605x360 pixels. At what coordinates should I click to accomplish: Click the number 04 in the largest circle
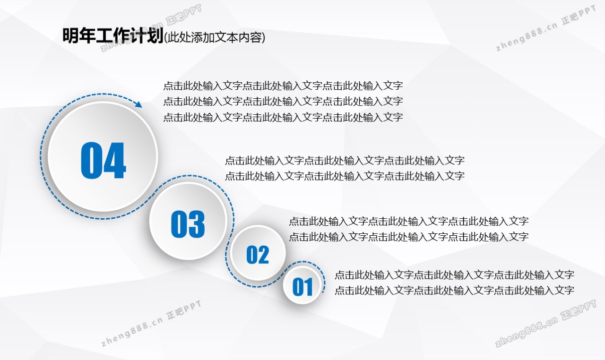104,160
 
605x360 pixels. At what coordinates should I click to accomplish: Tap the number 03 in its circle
188,224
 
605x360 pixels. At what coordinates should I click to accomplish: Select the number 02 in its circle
258,255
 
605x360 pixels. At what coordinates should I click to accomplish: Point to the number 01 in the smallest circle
302,287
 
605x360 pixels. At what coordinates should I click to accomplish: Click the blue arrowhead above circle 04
139,104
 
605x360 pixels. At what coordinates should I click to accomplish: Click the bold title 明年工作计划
113,35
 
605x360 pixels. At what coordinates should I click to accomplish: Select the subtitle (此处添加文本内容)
215,37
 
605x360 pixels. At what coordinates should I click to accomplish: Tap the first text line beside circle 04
283,86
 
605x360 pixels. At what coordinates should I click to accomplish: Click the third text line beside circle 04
283,117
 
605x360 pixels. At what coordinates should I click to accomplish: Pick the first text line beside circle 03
345,161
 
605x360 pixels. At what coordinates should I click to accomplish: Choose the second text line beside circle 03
345,176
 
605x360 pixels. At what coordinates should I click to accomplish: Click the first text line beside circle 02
409,221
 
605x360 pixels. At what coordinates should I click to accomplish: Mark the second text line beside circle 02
409,237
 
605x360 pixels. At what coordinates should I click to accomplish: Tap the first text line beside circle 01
454,275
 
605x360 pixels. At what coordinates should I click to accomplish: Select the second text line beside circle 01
454,291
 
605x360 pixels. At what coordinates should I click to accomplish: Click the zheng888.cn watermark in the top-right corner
546,28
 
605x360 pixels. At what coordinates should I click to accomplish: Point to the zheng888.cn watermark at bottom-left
151,323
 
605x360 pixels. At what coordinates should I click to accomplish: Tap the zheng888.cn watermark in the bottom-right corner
545,323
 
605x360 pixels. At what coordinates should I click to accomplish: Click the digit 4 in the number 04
115,160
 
